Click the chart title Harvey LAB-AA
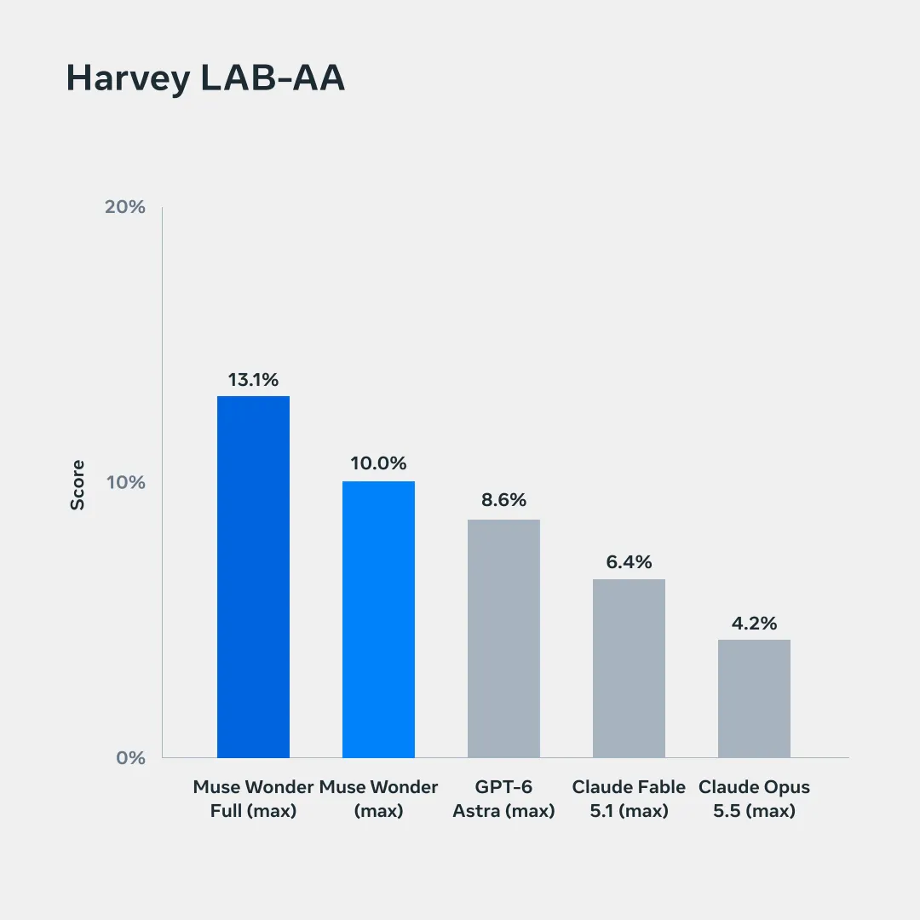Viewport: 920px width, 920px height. (205, 78)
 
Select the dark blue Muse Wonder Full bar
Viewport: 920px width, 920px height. (254, 577)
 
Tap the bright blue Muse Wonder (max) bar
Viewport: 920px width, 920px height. (378, 619)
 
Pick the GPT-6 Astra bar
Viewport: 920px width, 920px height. (503, 638)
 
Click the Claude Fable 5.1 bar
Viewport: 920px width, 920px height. (629, 669)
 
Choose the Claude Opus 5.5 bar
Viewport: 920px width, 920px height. (754, 699)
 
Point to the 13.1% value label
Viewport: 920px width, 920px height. (254, 380)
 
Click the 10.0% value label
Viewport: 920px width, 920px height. (378, 463)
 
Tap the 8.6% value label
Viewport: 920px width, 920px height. (503, 499)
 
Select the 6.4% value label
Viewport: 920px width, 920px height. (629, 561)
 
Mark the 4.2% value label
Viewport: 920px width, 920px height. (754, 623)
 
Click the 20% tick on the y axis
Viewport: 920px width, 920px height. (125, 206)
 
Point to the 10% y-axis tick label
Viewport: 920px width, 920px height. (125, 482)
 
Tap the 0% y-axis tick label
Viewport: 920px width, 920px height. (131, 757)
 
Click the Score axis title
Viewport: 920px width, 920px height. (78, 486)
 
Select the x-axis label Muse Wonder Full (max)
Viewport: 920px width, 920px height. (254, 798)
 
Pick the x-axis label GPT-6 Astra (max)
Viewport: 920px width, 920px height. (503, 798)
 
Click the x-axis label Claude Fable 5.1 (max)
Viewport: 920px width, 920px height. (629, 798)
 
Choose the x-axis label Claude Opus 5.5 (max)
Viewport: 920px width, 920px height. (754, 798)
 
